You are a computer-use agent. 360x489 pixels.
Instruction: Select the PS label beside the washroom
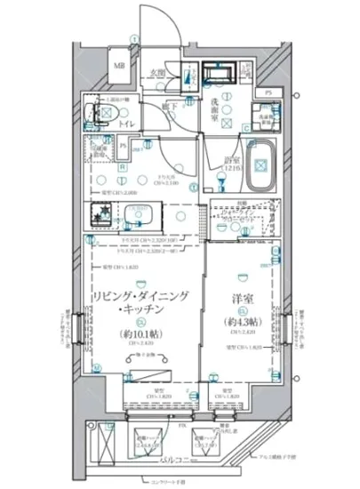[x=268, y=92]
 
